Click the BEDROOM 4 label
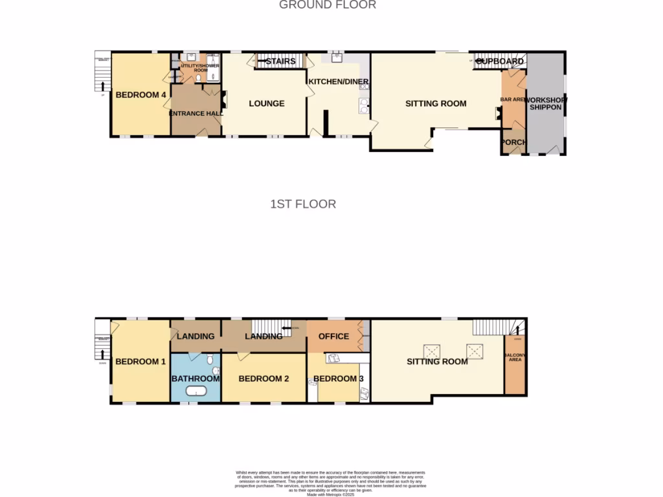click(141, 95)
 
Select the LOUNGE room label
click(266, 104)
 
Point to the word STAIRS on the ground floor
click(280, 61)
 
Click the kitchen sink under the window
click(337, 58)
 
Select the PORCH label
click(513, 142)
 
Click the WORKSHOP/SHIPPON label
click(545, 104)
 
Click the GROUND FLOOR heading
click(327, 5)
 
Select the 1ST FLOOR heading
click(303, 204)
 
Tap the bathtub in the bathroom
click(195, 391)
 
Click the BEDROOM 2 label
click(264, 379)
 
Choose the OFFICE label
click(333, 336)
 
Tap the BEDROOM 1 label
click(140, 362)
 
